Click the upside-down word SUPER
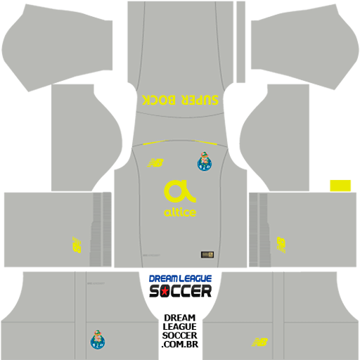click(x=200, y=100)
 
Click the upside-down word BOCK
click(x=159, y=100)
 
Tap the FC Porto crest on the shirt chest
click(x=205, y=161)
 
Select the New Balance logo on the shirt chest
click(x=155, y=162)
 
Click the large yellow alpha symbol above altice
click(x=180, y=191)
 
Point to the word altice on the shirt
click(x=180, y=212)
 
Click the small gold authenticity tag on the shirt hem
click(x=207, y=255)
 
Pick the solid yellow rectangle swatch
click(x=340, y=186)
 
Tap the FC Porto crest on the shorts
click(x=98, y=340)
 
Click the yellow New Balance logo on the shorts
click(x=259, y=342)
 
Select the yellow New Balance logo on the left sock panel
click(x=77, y=245)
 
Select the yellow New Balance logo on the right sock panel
click(x=281, y=245)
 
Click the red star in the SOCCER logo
click(x=165, y=291)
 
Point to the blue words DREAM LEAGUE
click(x=180, y=278)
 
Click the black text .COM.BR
click(x=180, y=344)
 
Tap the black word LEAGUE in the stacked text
click(x=180, y=326)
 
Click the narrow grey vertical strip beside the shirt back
click(x=240, y=41)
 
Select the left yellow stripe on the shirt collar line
click(x=155, y=142)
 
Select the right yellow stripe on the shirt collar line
click(x=204, y=142)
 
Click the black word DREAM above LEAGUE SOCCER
click(x=180, y=318)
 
